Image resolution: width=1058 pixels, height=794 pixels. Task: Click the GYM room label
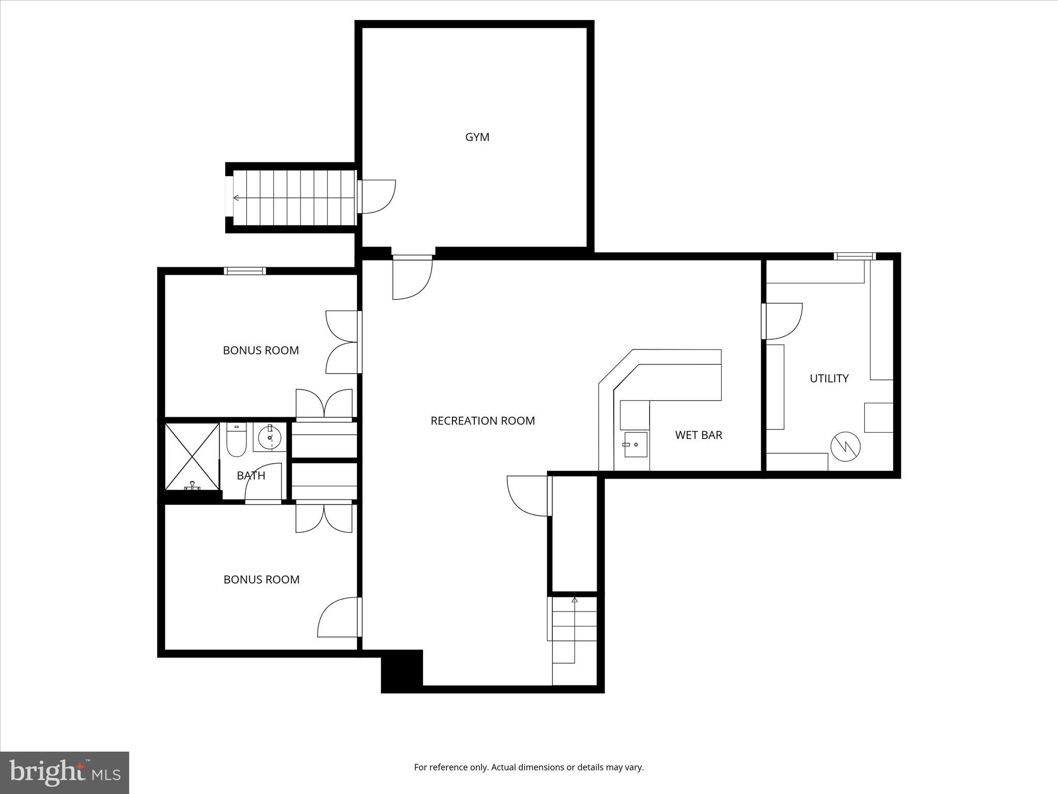pyautogui.click(x=477, y=137)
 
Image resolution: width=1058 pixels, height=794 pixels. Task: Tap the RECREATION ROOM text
pyautogui.click(x=483, y=421)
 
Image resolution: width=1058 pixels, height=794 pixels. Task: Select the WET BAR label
pyautogui.click(x=698, y=435)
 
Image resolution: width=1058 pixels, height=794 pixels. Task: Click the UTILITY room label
pyautogui.click(x=829, y=378)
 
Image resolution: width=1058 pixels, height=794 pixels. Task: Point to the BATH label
pyautogui.click(x=251, y=476)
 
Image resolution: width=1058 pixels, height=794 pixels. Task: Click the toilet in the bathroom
pyautogui.click(x=237, y=440)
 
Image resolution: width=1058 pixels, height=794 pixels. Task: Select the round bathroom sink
pyautogui.click(x=270, y=437)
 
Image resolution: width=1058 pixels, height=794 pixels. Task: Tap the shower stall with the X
pyautogui.click(x=192, y=456)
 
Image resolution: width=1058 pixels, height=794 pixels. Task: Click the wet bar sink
pyautogui.click(x=635, y=445)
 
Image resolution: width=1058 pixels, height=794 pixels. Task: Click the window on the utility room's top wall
pyautogui.click(x=854, y=256)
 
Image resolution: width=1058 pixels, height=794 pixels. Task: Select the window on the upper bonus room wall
pyautogui.click(x=245, y=271)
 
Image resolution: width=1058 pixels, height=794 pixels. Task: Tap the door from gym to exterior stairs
pyautogui.click(x=377, y=196)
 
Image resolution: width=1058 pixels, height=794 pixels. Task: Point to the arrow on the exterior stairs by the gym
pyautogui.click(x=237, y=198)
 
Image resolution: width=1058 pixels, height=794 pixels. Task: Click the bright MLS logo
pyautogui.click(x=64, y=772)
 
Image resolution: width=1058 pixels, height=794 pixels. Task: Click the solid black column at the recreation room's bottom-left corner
pyautogui.click(x=402, y=670)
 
